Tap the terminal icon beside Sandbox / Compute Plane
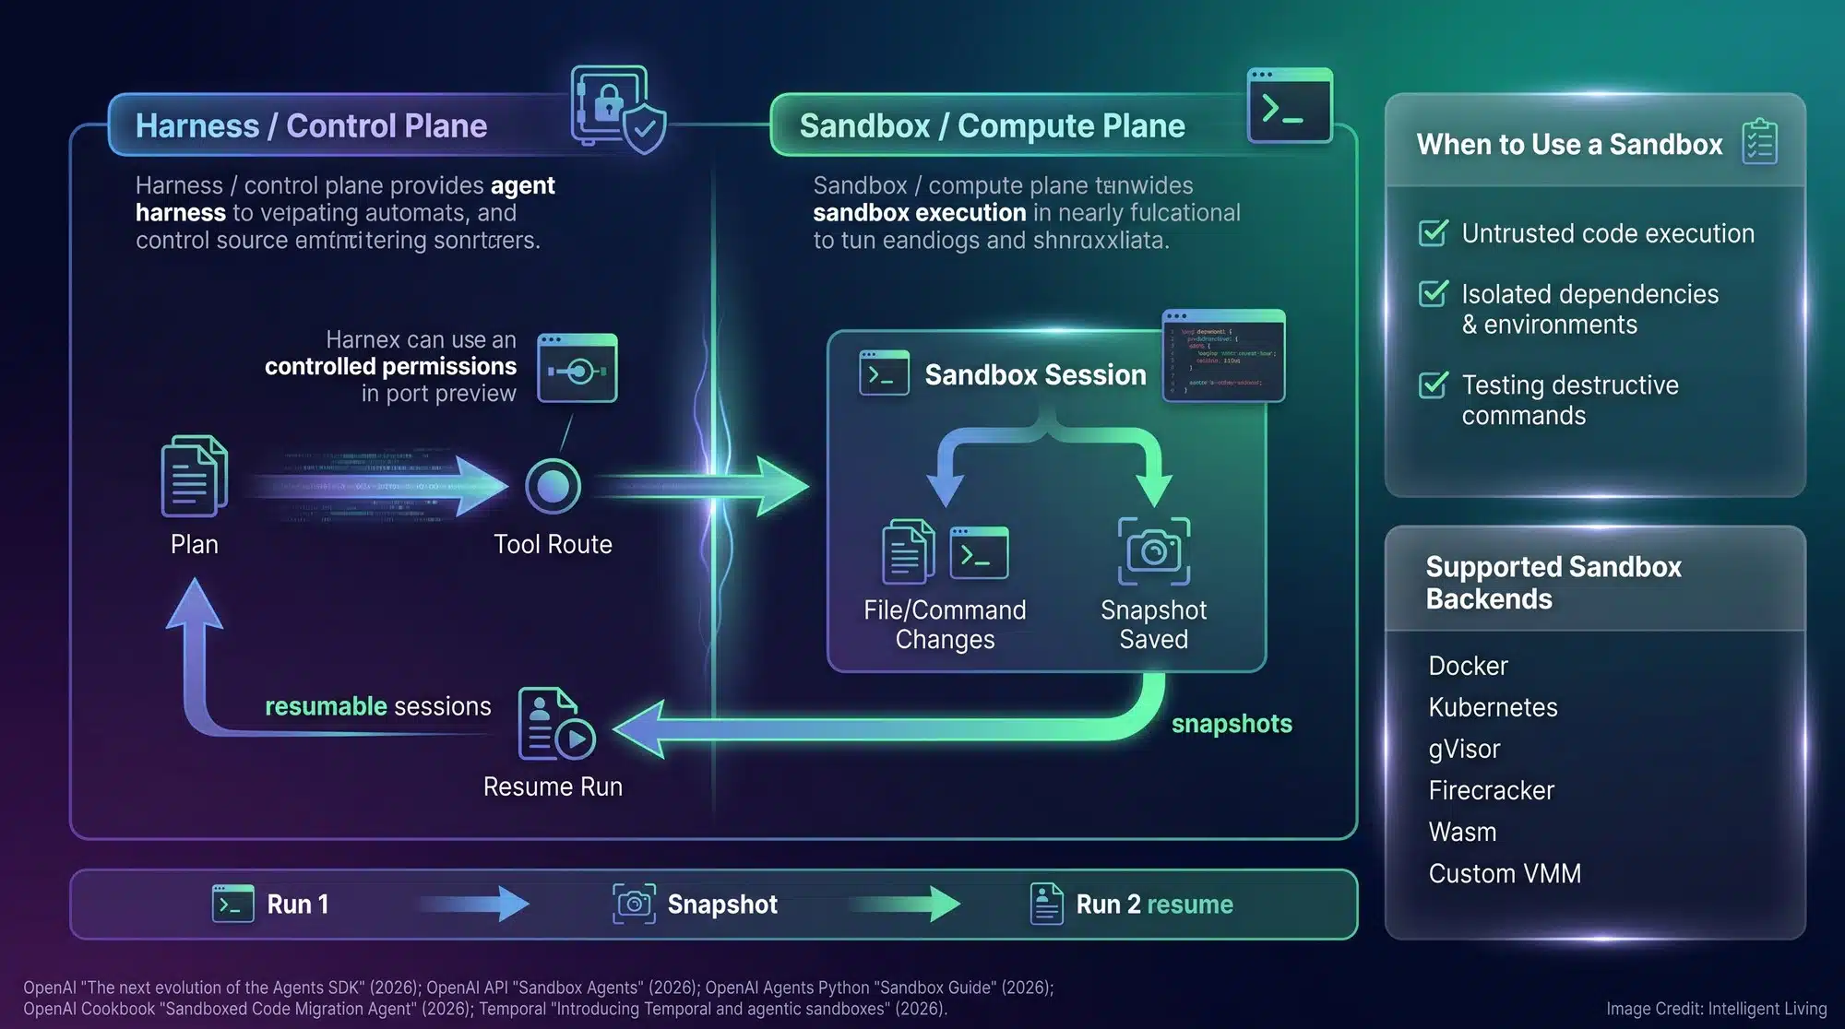click(1289, 106)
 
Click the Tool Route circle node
click(553, 486)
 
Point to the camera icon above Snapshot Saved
click(1153, 551)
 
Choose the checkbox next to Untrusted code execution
click(1433, 233)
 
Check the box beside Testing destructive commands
click(1433, 384)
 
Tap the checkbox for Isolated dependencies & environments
click(1433, 294)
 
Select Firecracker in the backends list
click(1491, 790)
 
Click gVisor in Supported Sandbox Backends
click(1464, 749)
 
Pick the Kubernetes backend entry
click(1493, 707)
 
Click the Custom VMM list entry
click(1505, 873)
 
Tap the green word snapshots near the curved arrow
click(1232, 724)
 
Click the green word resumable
click(326, 706)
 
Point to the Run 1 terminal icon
click(232, 904)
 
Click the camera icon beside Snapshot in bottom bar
click(634, 904)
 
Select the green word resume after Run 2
click(1190, 905)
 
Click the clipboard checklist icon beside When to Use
click(1759, 143)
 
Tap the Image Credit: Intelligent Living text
click(1716, 1009)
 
